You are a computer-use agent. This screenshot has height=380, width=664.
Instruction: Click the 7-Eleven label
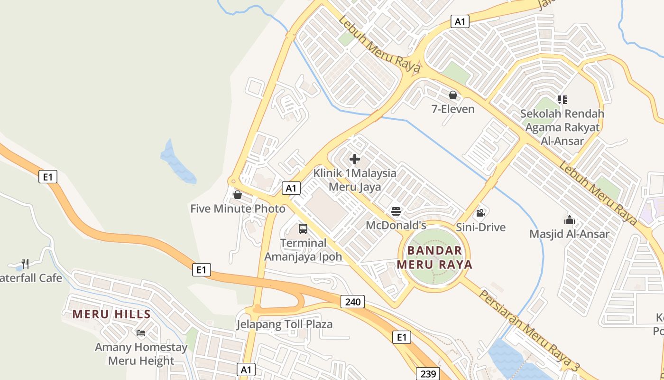coord(452,109)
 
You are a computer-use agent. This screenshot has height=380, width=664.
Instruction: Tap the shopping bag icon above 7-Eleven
coord(452,95)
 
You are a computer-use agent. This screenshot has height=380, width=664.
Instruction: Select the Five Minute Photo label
coord(238,209)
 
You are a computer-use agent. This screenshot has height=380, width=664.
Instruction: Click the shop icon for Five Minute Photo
coord(238,195)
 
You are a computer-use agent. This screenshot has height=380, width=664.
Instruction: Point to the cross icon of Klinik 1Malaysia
coord(354,159)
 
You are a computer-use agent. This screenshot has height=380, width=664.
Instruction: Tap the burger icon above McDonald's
coord(396,211)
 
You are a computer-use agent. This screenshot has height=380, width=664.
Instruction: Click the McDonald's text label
coord(396,225)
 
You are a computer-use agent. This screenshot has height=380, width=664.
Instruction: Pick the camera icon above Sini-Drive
coord(480,213)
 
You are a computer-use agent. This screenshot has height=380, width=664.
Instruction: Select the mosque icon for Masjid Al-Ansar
coord(569,220)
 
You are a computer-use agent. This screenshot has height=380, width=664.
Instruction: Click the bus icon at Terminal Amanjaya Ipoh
coord(303,229)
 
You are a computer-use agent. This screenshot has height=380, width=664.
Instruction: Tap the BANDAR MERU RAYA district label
coord(434,257)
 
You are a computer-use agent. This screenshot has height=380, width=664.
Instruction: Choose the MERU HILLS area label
coord(111,314)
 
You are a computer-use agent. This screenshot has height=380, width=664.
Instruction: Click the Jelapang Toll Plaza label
coord(285,324)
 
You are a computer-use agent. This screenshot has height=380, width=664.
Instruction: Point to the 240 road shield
coord(352,301)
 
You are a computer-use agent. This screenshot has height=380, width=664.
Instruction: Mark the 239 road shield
coord(428,374)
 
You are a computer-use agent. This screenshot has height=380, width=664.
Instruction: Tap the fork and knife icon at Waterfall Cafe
coord(25,264)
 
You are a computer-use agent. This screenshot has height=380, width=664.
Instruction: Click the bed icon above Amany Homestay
coord(141,333)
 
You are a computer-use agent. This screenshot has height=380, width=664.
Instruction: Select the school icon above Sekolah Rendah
coord(562,100)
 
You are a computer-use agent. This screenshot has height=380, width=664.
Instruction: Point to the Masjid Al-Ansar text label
coord(569,234)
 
